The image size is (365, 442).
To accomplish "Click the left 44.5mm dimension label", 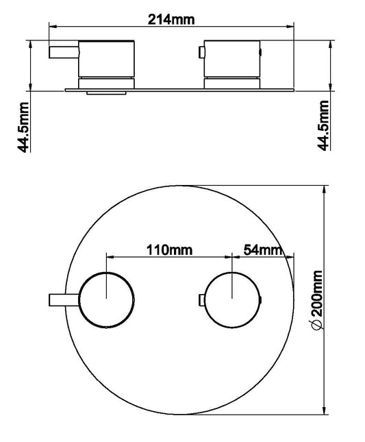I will (25, 125).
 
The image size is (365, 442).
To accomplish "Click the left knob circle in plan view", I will (107, 299).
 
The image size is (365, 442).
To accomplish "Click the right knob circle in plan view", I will (233, 299).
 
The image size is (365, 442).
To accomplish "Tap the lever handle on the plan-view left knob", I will (64, 299).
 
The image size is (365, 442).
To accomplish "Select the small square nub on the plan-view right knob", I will (201, 299).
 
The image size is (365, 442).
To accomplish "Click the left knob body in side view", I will (108, 58).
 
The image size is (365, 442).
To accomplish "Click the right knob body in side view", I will (233, 58).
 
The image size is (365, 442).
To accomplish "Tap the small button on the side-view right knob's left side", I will (201, 52).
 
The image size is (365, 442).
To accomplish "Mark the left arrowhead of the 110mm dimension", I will (110, 257).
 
